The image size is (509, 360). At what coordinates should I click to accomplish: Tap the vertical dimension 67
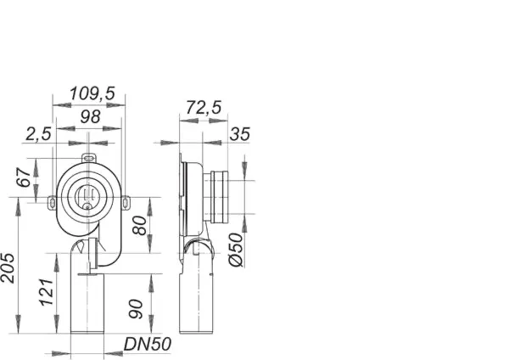click(25, 178)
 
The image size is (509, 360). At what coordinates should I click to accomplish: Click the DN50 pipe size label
click(148, 345)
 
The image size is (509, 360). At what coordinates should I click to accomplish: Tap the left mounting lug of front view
click(52, 201)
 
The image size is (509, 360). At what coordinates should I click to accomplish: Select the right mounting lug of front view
click(126, 201)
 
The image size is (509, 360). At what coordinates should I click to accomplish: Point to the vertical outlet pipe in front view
click(84, 306)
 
